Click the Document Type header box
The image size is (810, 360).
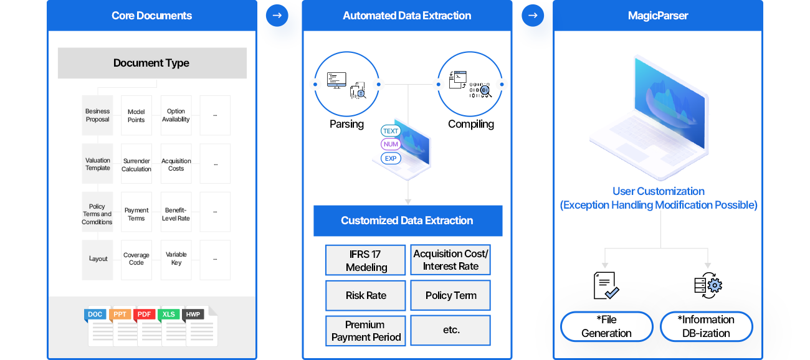[152, 63]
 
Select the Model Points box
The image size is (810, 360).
[136, 116]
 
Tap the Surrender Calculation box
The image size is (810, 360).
[136, 164]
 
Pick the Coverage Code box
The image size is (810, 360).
[136, 259]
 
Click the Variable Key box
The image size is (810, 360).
[176, 259]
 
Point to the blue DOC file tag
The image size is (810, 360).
[95, 315]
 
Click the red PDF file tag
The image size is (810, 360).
[145, 315]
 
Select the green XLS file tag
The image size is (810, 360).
[169, 315]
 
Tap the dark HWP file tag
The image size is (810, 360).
[193, 315]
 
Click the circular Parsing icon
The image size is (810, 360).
[346, 84]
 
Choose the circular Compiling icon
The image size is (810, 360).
[470, 84]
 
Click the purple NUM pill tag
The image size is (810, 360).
[391, 144]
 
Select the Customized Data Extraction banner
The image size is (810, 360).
[407, 220]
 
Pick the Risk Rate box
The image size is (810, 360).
[366, 295]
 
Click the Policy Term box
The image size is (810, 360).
[450, 295]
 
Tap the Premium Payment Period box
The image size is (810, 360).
[366, 331]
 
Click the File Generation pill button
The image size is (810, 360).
[606, 326]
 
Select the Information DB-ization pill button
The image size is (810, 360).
[707, 326]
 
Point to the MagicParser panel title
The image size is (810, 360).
[658, 16]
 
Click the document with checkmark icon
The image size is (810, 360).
[606, 285]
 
